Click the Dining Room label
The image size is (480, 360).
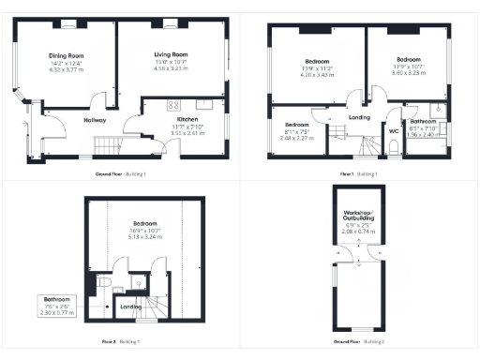tap(67, 55)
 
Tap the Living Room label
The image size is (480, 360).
tap(172, 55)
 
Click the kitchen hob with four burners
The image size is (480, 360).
tap(172, 104)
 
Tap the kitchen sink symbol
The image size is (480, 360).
tap(203, 103)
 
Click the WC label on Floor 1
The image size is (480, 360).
tap(394, 131)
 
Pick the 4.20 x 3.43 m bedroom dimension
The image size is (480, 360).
tap(309, 74)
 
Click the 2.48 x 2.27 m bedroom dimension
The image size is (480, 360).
tap(297, 137)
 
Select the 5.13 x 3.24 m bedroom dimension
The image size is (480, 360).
tap(145, 237)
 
